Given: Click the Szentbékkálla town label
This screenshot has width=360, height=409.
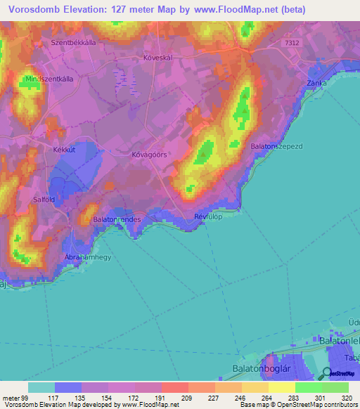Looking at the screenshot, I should click(73, 42).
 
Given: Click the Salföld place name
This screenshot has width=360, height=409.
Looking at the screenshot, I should click(45, 200).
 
